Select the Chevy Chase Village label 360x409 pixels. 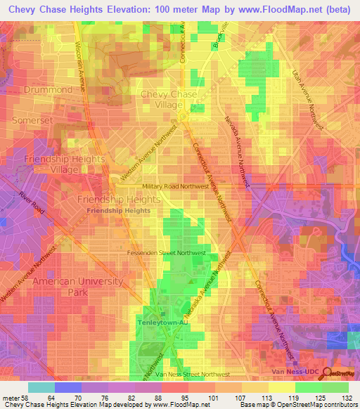[x=172, y=99]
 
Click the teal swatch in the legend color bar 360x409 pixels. [x=41, y=387]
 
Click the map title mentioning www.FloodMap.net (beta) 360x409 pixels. [x=180, y=8]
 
